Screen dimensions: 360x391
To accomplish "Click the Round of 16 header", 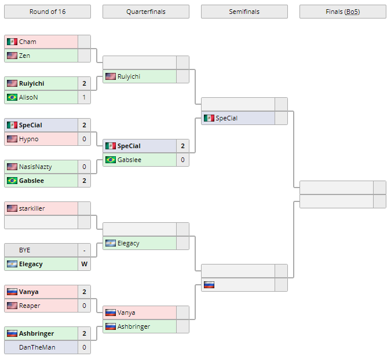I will tap(47, 12).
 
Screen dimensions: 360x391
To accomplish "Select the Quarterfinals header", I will tap(145, 12).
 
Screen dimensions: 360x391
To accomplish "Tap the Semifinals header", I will tap(244, 12).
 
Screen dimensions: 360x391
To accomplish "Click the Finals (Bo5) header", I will tap(342, 12).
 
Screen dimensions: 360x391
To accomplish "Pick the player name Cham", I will tap(27, 42).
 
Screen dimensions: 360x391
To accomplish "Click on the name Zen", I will tap(24, 56).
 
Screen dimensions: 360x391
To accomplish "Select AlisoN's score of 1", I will tap(84, 97).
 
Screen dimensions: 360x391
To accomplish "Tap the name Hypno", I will tap(28, 139).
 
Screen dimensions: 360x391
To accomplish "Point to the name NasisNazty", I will tap(35, 167).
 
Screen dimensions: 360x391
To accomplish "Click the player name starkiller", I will tap(32, 208).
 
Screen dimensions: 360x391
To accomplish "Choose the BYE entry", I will tap(24, 250).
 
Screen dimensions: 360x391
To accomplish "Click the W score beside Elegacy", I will tap(84, 264).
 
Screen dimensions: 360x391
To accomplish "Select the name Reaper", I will tap(30, 306).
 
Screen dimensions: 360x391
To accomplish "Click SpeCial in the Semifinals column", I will tap(226, 118).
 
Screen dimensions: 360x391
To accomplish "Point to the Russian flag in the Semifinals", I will tap(209, 285).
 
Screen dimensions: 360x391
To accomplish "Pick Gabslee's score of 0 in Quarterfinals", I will tap(182, 160).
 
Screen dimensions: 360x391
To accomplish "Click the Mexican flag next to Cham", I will tap(12, 42).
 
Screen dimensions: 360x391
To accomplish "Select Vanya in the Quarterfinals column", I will tap(126, 313).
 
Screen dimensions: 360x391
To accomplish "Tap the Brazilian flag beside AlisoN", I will tap(12, 97).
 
